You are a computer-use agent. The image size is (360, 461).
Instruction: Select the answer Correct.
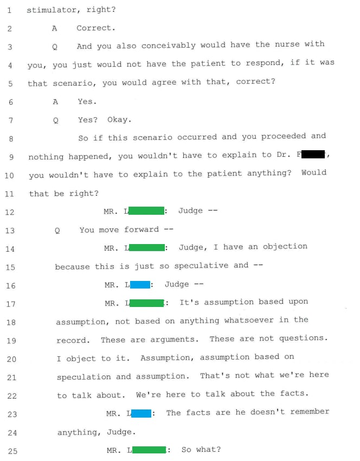coord(95,28)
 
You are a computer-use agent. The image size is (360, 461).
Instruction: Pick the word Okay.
coord(119,120)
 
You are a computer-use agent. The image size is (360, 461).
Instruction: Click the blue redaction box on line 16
coord(140,284)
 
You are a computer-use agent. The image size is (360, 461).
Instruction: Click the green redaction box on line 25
coord(149,450)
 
